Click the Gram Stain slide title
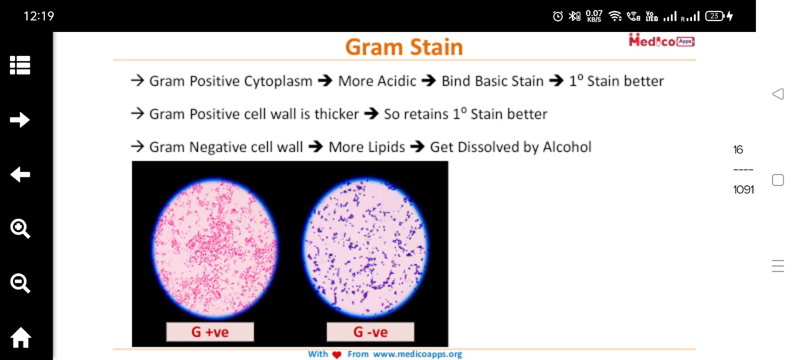(404, 47)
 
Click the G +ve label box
(210, 332)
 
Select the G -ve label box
(370, 332)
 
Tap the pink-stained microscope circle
(215, 247)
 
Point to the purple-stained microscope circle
(365, 247)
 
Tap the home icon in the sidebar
(21, 337)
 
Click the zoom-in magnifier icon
(20, 229)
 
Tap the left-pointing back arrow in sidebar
(20, 174)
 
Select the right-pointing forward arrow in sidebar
(20, 120)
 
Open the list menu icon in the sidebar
(20, 65)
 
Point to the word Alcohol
(567, 147)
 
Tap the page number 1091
(743, 189)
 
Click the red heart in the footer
(337, 355)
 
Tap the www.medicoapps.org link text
(418, 354)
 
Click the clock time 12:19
(39, 16)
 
